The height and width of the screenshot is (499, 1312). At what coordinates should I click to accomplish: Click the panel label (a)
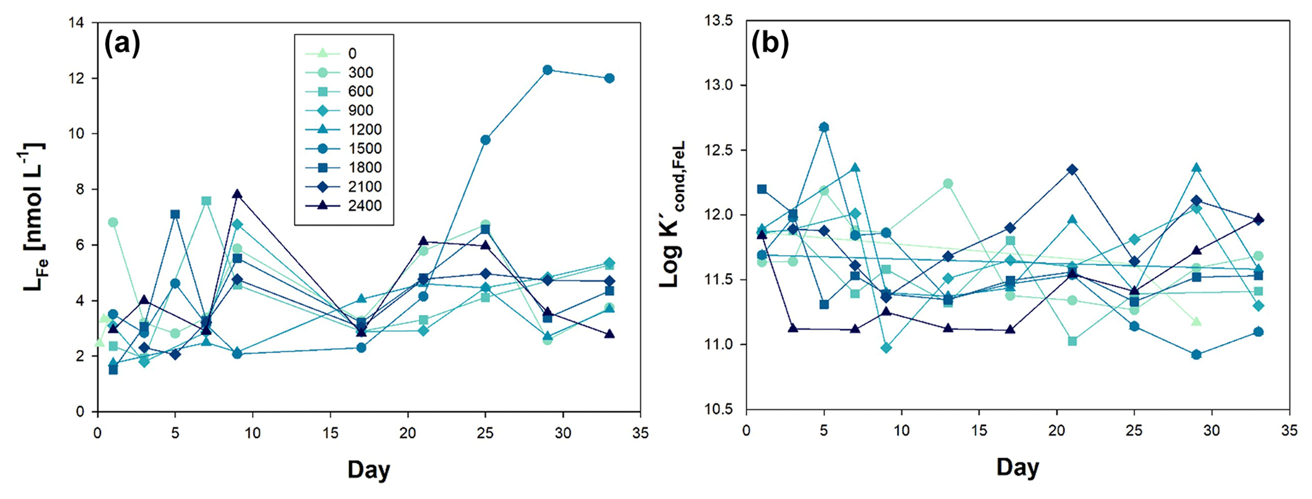tap(122, 44)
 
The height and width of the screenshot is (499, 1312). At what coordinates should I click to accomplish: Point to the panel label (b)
tap(770, 44)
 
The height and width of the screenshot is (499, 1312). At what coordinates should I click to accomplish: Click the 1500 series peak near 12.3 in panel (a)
tap(547, 70)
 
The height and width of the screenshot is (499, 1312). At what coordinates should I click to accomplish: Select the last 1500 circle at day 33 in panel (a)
tap(609, 78)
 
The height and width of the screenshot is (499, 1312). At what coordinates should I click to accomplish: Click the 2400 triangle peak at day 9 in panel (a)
tap(237, 194)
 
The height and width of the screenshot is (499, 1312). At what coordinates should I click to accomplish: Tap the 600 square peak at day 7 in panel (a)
tap(206, 201)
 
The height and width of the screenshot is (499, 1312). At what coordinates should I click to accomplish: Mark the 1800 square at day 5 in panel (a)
tap(175, 214)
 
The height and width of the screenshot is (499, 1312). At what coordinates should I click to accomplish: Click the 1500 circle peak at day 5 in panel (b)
tap(824, 127)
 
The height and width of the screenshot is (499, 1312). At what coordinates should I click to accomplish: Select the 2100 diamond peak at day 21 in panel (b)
tap(1072, 169)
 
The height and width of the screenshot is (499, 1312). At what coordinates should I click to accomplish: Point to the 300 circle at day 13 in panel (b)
tap(948, 184)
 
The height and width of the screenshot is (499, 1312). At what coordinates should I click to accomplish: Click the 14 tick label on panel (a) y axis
tap(76, 23)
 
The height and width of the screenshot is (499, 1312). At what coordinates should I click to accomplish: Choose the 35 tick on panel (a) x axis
tap(640, 433)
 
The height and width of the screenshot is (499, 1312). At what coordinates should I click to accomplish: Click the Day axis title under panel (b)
tap(1017, 467)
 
